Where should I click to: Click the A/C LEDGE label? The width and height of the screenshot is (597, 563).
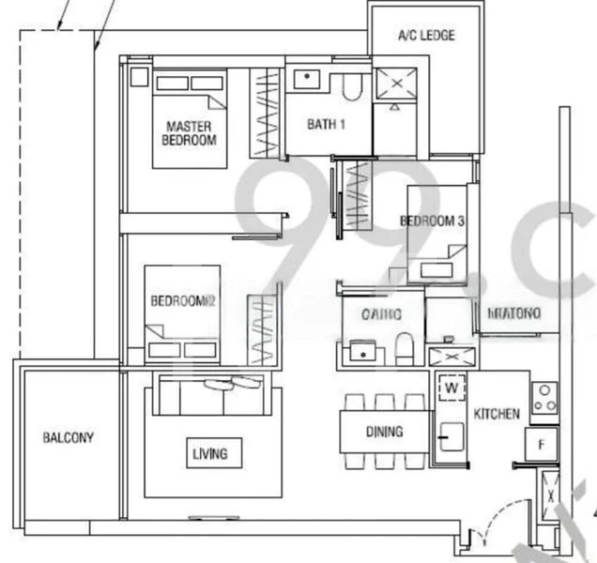tap(425, 36)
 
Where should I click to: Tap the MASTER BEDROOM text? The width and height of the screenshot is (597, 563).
tap(190, 133)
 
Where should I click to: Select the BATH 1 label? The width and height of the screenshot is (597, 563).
tap(326, 124)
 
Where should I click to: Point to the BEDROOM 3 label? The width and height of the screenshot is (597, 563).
tap(433, 222)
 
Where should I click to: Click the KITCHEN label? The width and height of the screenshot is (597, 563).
tap(496, 414)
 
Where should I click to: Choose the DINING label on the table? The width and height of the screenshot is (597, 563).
tap(384, 432)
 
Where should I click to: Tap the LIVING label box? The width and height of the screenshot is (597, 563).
tap(209, 454)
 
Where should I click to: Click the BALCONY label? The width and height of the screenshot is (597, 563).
tap(69, 437)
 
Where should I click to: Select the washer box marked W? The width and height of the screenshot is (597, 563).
tap(451, 387)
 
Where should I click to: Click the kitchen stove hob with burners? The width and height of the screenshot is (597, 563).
tap(544, 399)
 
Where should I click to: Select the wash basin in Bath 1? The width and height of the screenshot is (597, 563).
tap(307, 79)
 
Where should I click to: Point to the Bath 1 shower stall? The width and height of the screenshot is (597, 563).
tap(395, 85)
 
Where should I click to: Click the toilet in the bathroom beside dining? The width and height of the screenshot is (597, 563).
tap(404, 346)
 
